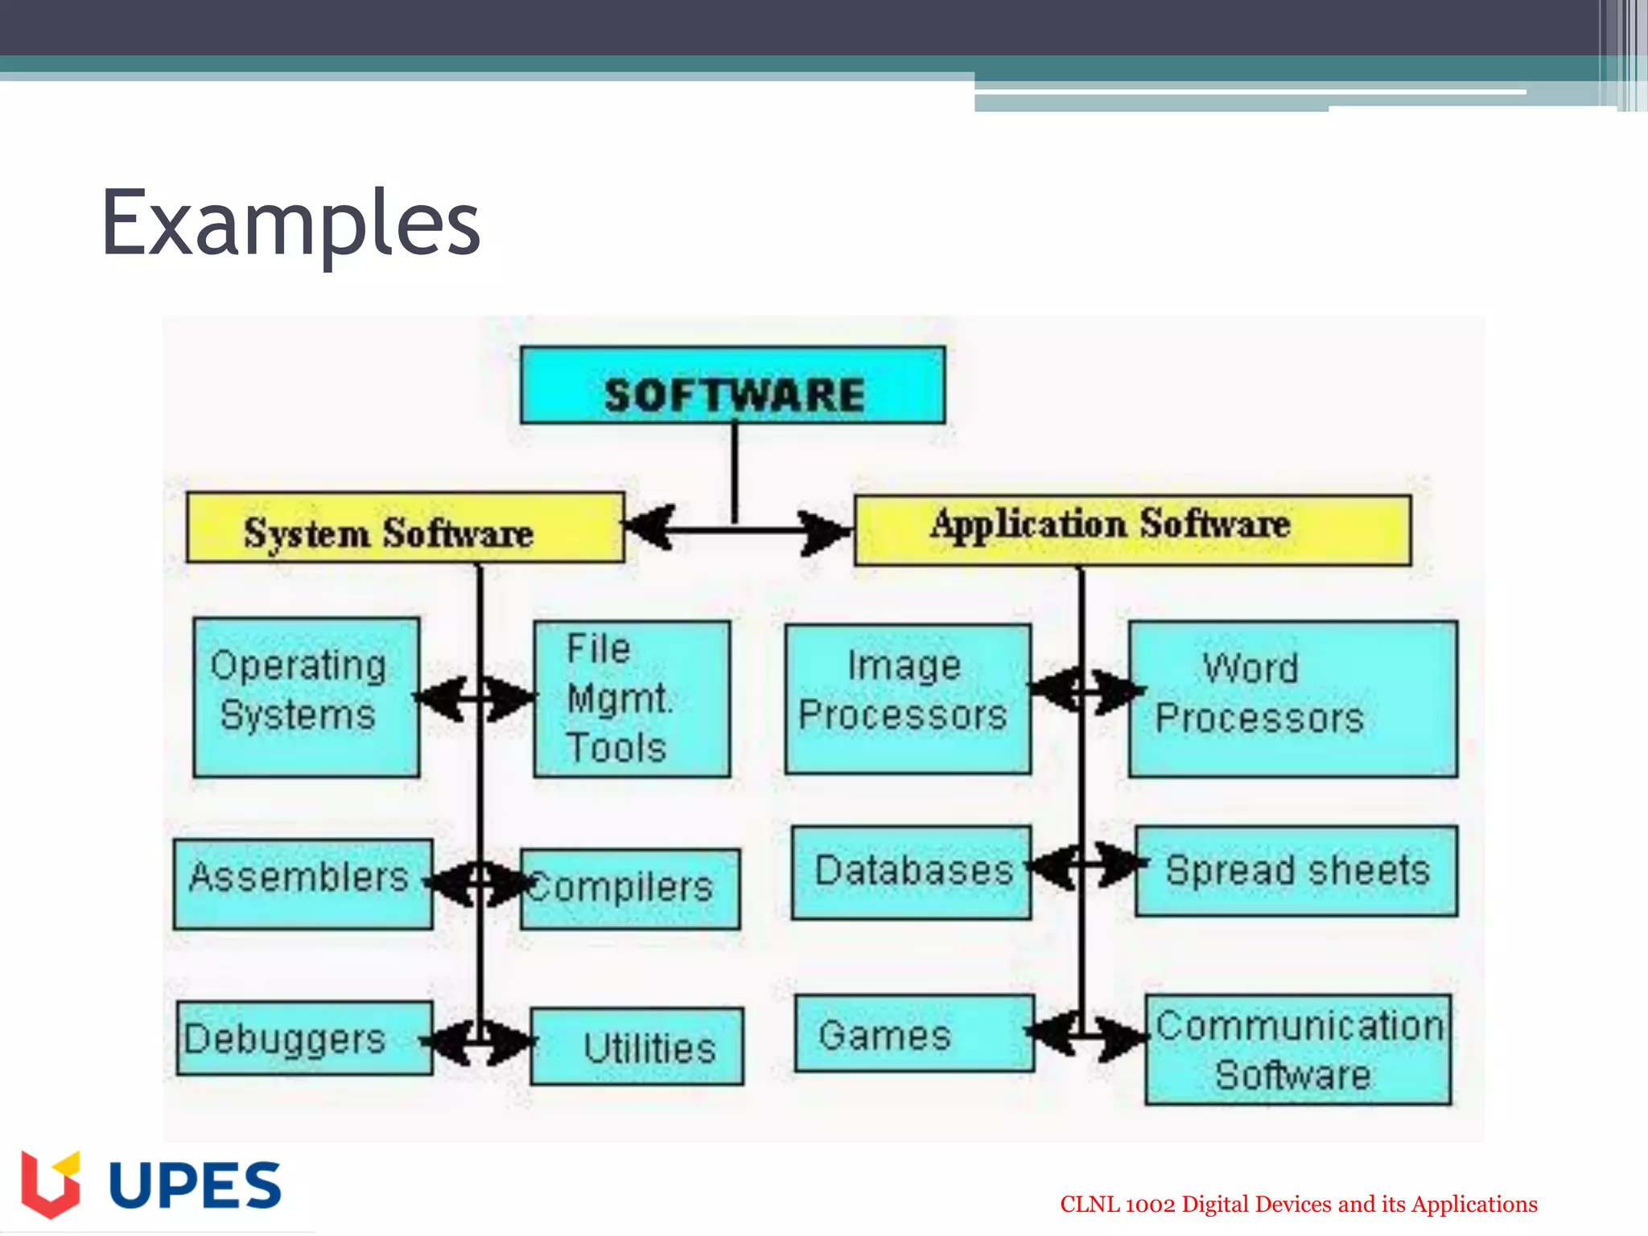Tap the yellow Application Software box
tap(1132, 529)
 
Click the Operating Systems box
tap(306, 697)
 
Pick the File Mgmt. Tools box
tap(632, 698)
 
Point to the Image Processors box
tap(908, 698)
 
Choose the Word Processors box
tap(1292, 698)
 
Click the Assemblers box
tap(303, 884)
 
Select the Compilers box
tap(630, 888)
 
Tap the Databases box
tap(911, 872)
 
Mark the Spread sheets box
tap(1296, 871)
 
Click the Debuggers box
tap(304, 1038)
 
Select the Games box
tap(914, 1034)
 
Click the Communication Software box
tap(1298, 1049)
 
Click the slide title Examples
tap(290, 222)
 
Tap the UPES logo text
tap(195, 1185)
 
